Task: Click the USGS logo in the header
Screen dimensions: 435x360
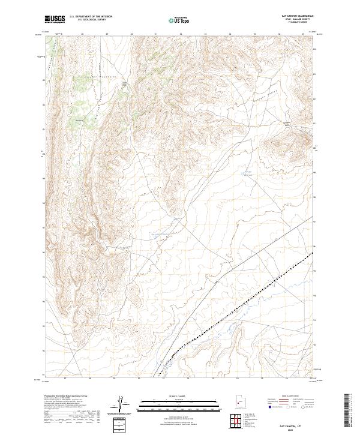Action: point(55,19)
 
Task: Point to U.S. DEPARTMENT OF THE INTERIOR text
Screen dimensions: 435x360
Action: point(91,16)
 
